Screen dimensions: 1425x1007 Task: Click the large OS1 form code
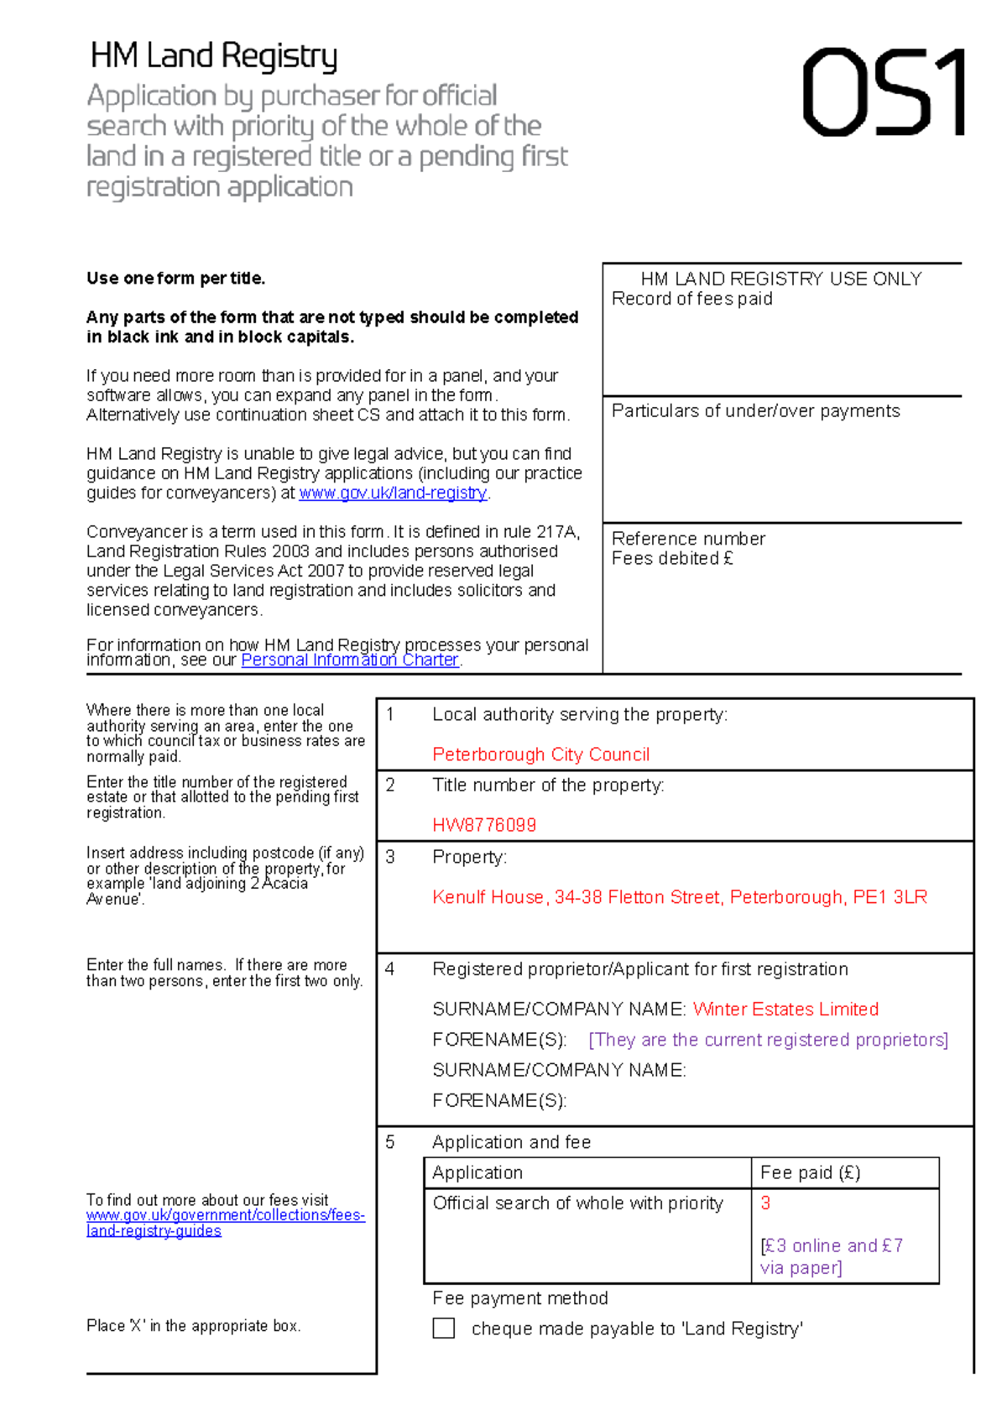[x=884, y=92]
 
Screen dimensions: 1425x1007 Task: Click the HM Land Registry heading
[x=214, y=56]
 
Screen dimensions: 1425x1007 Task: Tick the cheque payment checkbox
[x=443, y=1328]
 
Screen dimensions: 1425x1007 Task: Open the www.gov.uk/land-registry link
[x=393, y=493]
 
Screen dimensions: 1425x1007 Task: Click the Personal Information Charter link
[x=350, y=660]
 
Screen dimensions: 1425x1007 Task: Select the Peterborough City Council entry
[x=540, y=754]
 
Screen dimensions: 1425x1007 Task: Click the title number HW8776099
[x=484, y=825]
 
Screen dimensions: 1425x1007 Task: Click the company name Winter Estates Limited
[x=785, y=1009]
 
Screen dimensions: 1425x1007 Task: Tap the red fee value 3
[x=765, y=1203]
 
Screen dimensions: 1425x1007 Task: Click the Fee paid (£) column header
[x=810, y=1172]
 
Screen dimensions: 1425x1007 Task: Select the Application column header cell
[x=477, y=1172]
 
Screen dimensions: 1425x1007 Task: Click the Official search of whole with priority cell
[x=577, y=1203]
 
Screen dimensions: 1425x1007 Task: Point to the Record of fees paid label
[x=691, y=299]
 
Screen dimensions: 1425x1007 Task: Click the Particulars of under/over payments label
[x=755, y=411]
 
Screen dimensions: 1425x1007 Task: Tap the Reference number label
[x=688, y=539]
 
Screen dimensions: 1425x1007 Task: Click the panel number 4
[x=389, y=969]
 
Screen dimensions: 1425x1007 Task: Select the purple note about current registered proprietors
[x=768, y=1040]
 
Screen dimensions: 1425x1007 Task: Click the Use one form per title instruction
[x=175, y=279]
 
